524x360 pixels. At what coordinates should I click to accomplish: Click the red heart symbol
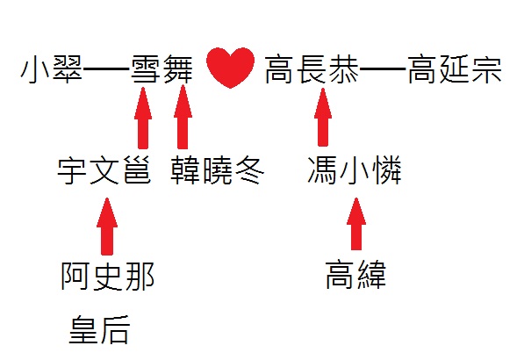coord(230,68)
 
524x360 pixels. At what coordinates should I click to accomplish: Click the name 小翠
coord(51,69)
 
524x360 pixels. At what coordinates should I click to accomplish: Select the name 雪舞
coord(162,69)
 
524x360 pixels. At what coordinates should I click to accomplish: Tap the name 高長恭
coord(312,69)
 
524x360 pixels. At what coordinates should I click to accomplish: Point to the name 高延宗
coord(455,69)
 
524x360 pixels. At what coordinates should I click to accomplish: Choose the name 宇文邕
coord(104,171)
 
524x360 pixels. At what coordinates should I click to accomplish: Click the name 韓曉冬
coord(217,171)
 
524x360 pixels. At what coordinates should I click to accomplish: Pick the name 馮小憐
coord(355,169)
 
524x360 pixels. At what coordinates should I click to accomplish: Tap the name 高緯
coord(355,275)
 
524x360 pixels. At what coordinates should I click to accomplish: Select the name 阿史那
coord(107,276)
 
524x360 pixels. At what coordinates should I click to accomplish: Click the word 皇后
coord(99,329)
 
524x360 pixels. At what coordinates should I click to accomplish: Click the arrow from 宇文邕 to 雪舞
coord(143,118)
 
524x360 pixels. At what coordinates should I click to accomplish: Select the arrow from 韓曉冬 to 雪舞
coord(183,117)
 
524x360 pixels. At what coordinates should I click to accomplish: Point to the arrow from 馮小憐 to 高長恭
coord(323,117)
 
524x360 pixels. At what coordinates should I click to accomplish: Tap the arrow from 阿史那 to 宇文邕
coord(107,227)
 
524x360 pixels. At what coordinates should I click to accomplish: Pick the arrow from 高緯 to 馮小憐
coord(356,224)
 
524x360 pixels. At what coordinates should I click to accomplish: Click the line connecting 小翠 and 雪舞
coord(106,69)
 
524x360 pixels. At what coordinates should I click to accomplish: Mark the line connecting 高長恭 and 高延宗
coord(384,69)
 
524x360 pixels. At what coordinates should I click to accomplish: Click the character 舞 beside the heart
coord(178,69)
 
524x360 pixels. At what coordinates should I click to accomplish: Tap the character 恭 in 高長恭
coord(344,69)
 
